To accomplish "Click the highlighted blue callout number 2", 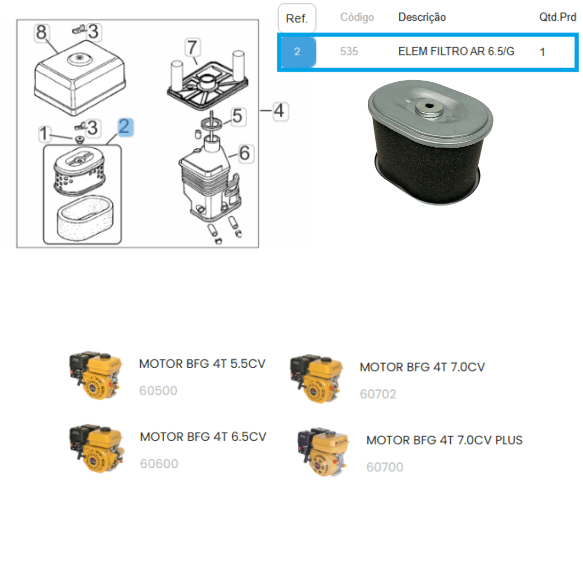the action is (x=125, y=127).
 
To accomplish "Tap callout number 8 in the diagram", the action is (x=41, y=33).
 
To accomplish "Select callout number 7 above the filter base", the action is (x=192, y=47).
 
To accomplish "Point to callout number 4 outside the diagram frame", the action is (x=280, y=111).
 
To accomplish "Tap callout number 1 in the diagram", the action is (x=44, y=134).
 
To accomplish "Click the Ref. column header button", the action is (x=297, y=18).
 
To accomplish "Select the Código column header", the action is (x=357, y=17).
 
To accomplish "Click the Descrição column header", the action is (x=422, y=17).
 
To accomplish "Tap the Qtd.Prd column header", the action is (x=558, y=17).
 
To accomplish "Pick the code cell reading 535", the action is (x=349, y=51).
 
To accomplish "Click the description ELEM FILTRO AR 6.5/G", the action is (x=456, y=51).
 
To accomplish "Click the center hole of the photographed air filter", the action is (x=429, y=106).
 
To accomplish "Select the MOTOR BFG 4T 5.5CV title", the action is (x=202, y=364).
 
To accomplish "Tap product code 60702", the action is (x=378, y=394).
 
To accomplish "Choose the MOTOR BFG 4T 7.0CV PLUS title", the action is (x=445, y=440).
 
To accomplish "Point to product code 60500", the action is (x=158, y=391).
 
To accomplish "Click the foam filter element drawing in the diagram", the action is (x=86, y=218).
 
